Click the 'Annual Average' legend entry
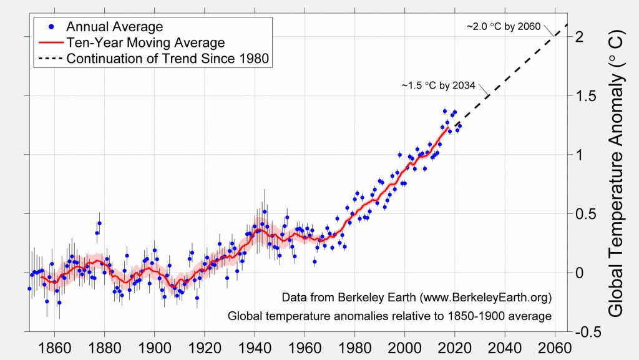114,27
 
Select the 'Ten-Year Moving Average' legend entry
145,43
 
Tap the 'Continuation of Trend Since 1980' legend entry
167,59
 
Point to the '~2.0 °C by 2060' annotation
503,27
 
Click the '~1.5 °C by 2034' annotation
437,85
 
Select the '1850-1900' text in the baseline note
490,316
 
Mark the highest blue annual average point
445,111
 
